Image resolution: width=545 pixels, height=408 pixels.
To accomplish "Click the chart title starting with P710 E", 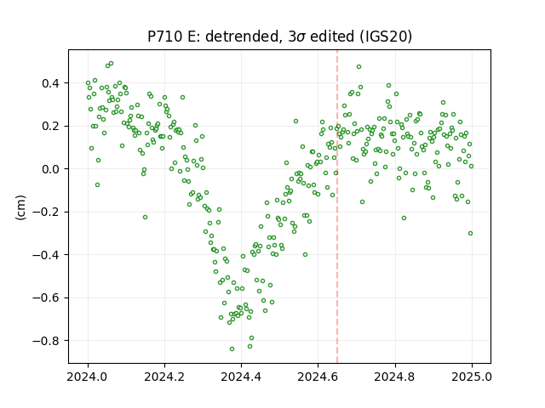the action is [x=280, y=37].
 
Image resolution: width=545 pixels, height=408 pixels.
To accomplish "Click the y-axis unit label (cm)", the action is [x=20, y=207].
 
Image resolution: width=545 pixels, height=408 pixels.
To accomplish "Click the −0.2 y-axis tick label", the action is [x=49, y=212].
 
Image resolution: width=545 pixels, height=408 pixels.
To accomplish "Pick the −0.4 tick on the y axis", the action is [x=49, y=255].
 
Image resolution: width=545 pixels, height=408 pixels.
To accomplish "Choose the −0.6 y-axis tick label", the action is [x=49, y=298].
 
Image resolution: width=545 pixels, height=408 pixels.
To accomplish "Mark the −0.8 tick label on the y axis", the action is [x=49, y=341].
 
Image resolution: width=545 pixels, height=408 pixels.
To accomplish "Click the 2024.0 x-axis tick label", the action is [x=88, y=377].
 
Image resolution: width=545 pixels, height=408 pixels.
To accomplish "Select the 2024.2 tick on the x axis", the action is [x=164, y=377].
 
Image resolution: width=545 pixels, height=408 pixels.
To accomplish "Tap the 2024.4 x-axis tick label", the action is [x=241, y=377].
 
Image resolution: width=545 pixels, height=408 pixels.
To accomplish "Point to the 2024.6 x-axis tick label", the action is [x=318, y=377].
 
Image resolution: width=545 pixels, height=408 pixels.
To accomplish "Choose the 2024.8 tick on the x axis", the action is [x=395, y=377].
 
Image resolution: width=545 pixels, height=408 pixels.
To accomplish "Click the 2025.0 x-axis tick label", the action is [x=472, y=377].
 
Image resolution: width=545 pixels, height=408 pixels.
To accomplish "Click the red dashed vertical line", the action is [x=337, y=207].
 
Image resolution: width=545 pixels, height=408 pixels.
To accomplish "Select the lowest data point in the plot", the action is [x=232, y=348].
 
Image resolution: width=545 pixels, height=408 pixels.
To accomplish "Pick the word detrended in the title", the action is [x=244, y=37].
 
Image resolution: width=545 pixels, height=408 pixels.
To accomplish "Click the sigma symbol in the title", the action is [x=301, y=37].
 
